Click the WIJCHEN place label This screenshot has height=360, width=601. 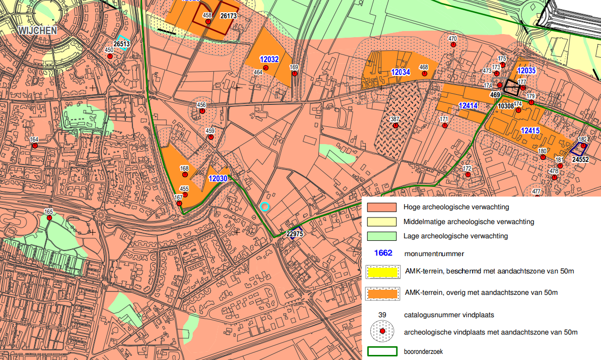[x=38, y=31]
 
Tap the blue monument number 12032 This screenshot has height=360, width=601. [x=269, y=60]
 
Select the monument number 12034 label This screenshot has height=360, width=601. [x=400, y=72]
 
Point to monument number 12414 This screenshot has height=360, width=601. [x=468, y=106]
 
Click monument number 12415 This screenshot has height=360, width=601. [x=530, y=131]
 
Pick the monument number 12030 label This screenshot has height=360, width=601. [x=218, y=179]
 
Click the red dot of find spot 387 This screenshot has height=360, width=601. [x=394, y=125]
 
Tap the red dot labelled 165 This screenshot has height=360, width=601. [x=49, y=218]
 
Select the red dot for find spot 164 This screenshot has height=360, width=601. [x=35, y=146]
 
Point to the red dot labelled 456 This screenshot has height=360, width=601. [x=202, y=111]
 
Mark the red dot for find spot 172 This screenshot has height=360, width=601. [x=468, y=175]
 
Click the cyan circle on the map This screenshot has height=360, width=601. [x=264, y=206]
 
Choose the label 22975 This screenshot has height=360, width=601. [x=295, y=234]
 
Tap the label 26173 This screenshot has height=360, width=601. [x=228, y=16]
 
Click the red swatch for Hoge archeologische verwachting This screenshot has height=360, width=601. [x=381, y=207]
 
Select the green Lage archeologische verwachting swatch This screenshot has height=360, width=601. [x=381, y=236]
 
